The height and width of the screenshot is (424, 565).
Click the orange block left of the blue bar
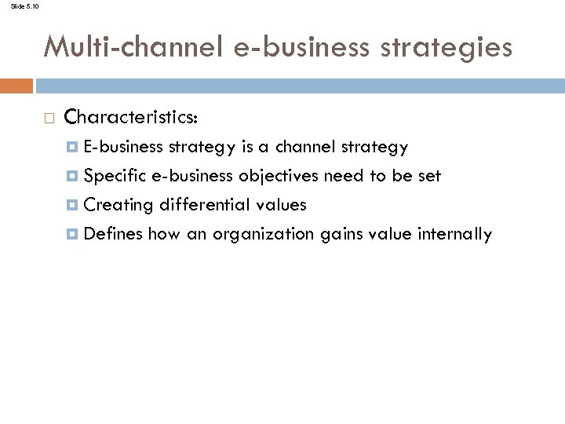pyautogui.click(x=16, y=86)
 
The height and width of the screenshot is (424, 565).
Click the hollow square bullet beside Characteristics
pyautogui.click(x=49, y=119)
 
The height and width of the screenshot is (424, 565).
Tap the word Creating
pyautogui.click(x=118, y=205)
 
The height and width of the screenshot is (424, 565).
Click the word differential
pyautogui.click(x=206, y=205)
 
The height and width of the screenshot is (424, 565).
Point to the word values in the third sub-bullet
pyautogui.click(x=282, y=205)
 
